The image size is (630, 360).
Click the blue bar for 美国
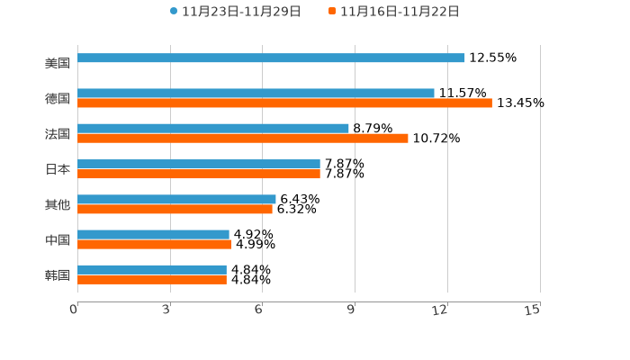tap(271, 58)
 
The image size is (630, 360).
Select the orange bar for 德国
tap(284, 103)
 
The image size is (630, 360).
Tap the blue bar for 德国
tap(256, 94)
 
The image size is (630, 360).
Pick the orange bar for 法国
tap(243, 139)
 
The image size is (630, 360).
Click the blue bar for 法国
tap(213, 129)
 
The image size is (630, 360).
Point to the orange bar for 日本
tap(199, 174)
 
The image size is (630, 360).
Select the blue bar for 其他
tap(176, 200)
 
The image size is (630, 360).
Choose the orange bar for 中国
tap(154, 244)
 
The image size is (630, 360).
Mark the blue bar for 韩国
tap(152, 270)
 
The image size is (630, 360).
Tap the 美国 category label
tap(58, 64)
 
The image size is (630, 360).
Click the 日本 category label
tap(58, 169)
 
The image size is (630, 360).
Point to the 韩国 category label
tap(58, 275)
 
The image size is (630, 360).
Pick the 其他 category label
tap(58, 205)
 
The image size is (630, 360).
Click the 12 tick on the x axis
tap(440, 310)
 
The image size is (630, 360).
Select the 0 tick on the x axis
tap(74, 310)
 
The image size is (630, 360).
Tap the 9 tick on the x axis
tap(351, 310)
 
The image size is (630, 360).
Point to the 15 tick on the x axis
tap(533, 310)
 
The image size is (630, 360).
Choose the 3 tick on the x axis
tap(166, 310)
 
